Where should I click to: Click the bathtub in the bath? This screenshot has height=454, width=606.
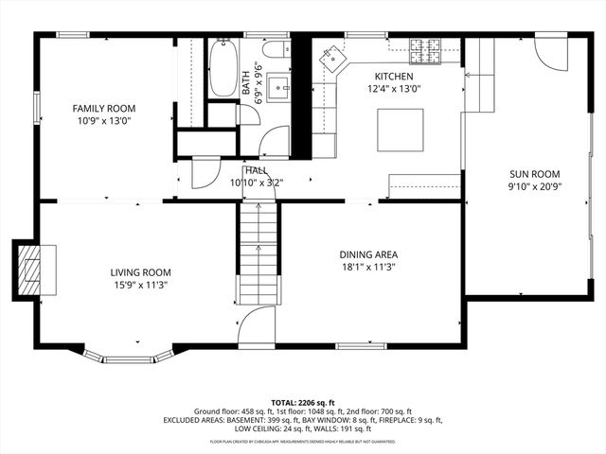223,68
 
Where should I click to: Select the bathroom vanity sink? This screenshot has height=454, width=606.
280,88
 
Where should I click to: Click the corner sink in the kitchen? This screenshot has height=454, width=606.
330,59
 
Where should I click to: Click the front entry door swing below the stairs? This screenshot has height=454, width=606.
256,326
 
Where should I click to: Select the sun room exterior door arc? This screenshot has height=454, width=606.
548,55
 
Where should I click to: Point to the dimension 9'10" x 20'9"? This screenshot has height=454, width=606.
534,186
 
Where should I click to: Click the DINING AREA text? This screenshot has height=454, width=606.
368,254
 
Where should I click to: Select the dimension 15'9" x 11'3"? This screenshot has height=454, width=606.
141,284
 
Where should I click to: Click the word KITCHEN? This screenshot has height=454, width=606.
394,77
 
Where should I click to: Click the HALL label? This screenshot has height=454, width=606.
256,169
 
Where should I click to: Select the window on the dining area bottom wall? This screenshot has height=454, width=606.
360,346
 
